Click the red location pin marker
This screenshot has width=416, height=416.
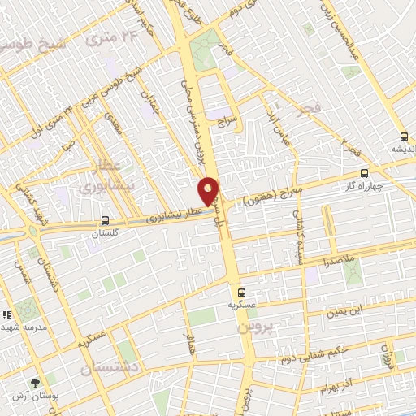coord(209,192)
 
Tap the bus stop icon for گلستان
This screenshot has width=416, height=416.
coord(105,221)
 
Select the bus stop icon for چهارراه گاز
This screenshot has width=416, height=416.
coord(364,173)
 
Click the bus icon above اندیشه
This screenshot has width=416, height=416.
coord(404,136)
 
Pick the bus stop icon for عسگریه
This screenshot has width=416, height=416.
coord(240,292)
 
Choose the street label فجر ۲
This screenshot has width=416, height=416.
coord(350,149)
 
